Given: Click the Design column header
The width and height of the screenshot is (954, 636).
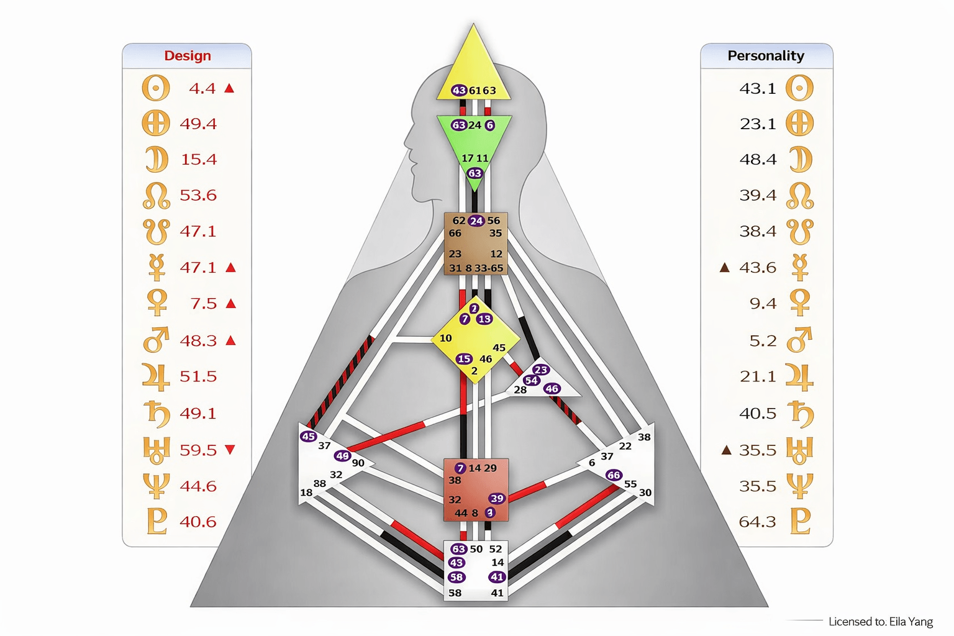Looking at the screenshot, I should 187,56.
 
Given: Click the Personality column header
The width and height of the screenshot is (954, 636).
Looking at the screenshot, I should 765,56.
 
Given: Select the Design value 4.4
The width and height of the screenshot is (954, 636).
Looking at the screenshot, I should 202,88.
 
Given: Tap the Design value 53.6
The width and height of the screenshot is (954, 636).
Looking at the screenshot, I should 198,195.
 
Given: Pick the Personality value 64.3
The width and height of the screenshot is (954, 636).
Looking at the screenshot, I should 757,521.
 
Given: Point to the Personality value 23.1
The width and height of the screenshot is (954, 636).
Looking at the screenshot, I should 758,124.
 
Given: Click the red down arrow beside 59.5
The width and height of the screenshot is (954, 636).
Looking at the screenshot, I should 230,450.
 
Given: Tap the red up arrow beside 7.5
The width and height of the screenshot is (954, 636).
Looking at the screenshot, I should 231,304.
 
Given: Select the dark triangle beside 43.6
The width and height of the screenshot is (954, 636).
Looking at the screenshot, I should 724,268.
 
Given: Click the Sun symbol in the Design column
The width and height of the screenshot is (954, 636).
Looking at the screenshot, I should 156,88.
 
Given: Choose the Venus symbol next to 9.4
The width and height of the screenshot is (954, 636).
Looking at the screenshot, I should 799,303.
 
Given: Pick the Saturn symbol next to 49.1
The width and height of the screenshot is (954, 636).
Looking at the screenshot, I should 156,414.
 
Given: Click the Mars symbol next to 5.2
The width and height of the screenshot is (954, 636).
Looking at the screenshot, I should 799,340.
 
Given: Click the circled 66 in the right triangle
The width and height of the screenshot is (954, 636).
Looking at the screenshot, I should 614,475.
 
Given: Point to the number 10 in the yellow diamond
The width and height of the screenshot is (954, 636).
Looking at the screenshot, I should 445,338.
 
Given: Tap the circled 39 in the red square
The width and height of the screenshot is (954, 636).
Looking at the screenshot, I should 497,498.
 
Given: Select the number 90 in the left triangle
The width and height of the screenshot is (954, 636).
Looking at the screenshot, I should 358,463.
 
